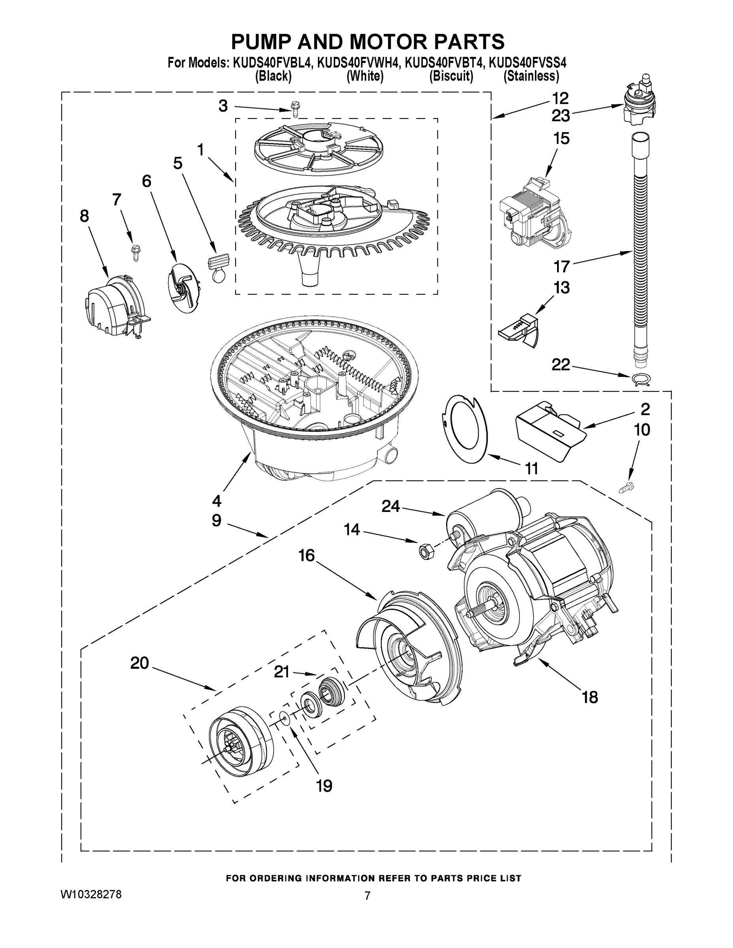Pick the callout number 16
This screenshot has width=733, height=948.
[307, 555]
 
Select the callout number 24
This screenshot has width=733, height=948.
[390, 506]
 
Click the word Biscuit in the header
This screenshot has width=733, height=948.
[451, 76]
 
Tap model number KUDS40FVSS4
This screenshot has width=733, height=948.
[528, 63]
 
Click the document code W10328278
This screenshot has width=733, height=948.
[91, 894]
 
